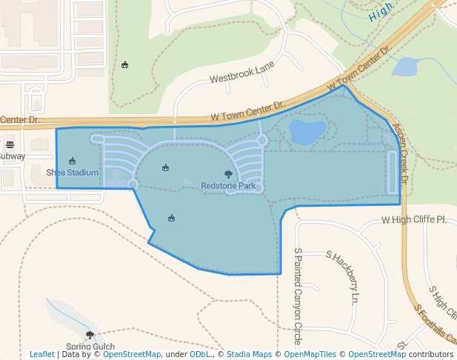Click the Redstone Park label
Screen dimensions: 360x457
point(227,186)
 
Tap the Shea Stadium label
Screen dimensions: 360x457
point(72,173)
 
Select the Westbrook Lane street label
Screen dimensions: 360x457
point(241,73)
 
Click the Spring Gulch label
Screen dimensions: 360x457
point(90,346)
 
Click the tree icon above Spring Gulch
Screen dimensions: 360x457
point(90,336)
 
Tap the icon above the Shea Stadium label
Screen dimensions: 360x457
point(72,161)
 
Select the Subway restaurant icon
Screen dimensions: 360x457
point(10,144)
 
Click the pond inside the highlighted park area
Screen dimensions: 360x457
point(307,132)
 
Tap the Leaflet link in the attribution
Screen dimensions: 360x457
point(42,354)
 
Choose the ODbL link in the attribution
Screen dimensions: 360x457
point(199,354)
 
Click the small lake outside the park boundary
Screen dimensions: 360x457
point(405,67)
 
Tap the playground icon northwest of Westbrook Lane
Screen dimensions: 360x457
point(124,64)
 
